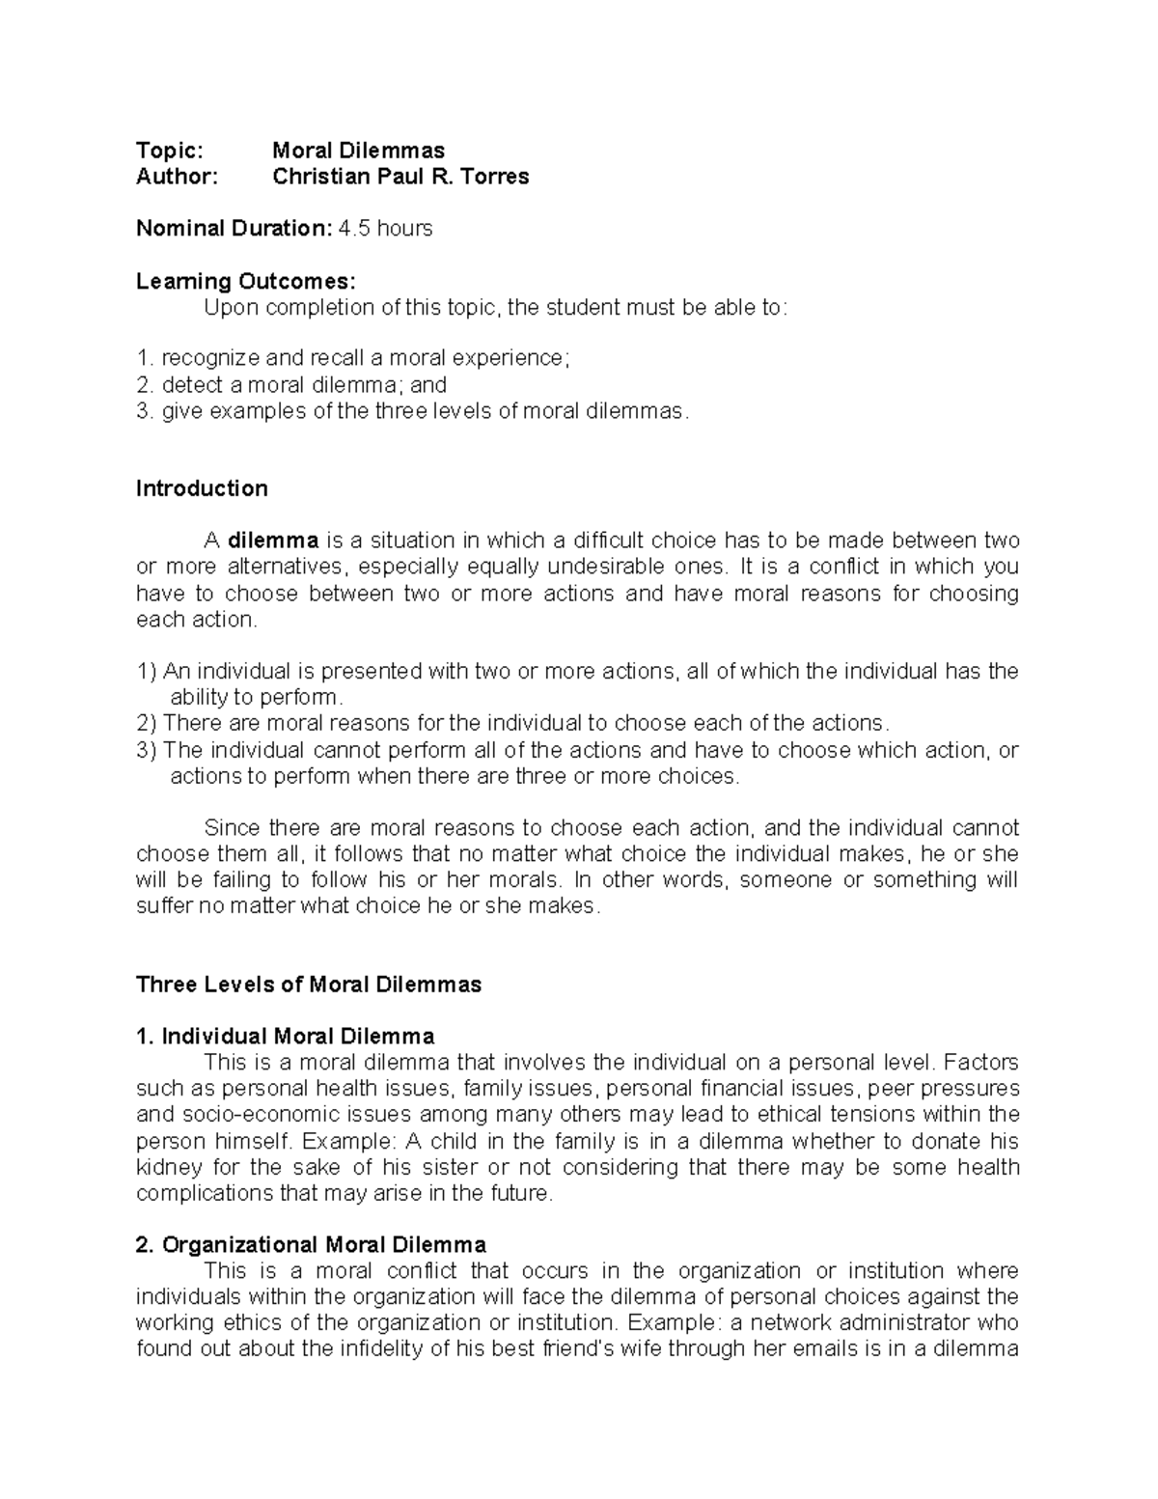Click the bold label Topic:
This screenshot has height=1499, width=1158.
click(170, 151)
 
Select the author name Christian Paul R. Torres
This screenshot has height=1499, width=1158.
click(400, 177)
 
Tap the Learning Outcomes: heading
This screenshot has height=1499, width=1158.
click(246, 282)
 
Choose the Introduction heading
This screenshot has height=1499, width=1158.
click(202, 488)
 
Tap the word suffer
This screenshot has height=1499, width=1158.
click(164, 906)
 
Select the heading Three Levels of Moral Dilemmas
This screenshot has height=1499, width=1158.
click(309, 985)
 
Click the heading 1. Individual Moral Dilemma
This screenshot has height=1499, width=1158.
click(286, 1037)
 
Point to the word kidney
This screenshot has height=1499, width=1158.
click(164, 1167)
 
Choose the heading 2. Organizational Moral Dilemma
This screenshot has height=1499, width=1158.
click(312, 1244)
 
